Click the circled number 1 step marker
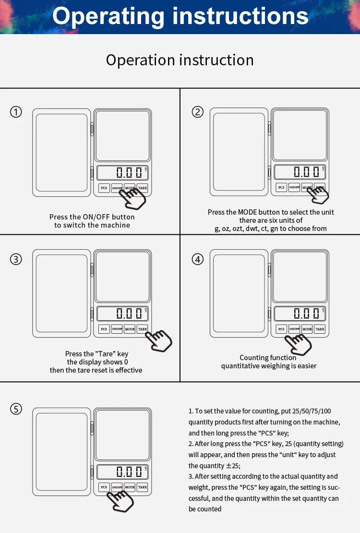point(16,112)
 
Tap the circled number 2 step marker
point(198,112)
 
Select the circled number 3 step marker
point(16,259)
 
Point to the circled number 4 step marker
point(198,259)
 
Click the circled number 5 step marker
point(16,409)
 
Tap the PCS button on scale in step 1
point(104,188)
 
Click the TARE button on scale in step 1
point(142,188)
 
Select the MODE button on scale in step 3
point(130,329)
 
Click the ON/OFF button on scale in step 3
point(117,329)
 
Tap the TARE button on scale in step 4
point(320,329)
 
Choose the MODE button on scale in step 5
point(130,487)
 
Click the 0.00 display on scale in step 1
point(129,172)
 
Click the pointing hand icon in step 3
point(160,340)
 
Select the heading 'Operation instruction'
point(180,60)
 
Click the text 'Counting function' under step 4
point(268,358)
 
